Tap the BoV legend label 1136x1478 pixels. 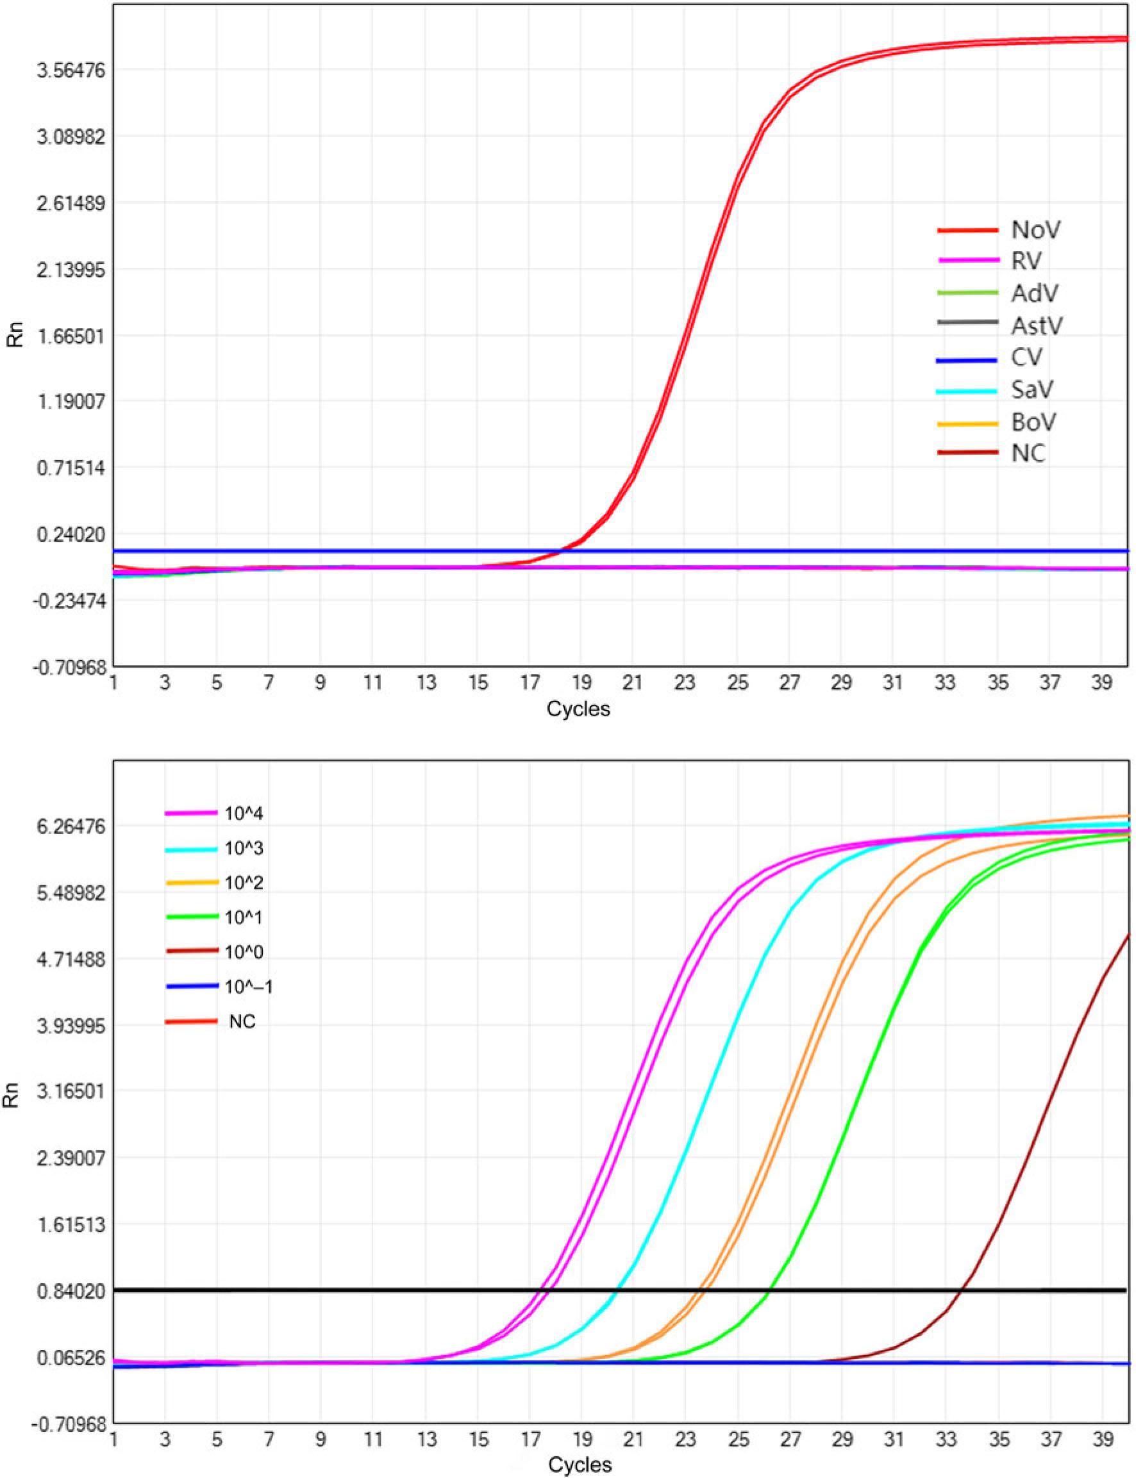(x=1034, y=422)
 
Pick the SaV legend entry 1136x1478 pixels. (x=1033, y=390)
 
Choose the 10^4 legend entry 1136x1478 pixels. (x=244, y=813)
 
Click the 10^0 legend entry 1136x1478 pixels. (x=244, y=952)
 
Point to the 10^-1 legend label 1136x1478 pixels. (x=249, y=987)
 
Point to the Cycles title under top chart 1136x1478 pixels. (x=578, y=709)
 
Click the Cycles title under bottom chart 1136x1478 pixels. (x=580, y=1465)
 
